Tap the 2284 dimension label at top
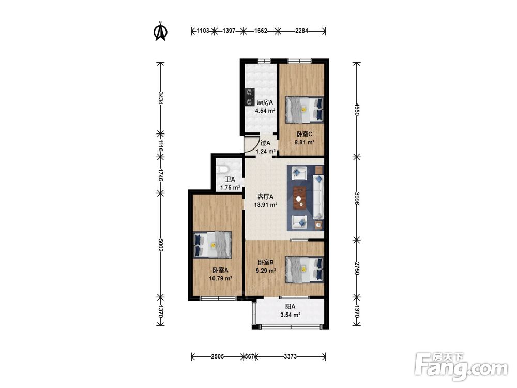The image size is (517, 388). (x=301, y=31)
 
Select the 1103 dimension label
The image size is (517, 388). (x=203, y=31)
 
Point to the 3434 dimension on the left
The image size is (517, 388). (x=160, y=98)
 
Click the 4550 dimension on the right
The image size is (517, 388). (x=356, y=109)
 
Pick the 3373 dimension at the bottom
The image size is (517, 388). (x=291, y=356)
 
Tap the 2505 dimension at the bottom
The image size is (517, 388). (x=217, y=356)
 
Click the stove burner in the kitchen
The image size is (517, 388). (x=250, y=96)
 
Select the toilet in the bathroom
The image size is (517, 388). (x=222, y=169)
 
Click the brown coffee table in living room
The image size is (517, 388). (x=299, y=198)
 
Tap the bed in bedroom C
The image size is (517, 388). (x=305, y=109)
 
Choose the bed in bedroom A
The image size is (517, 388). (x=212, y=245)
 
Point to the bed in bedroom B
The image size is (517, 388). (x=305, y=269)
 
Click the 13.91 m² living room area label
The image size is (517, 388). (x=265, y=205)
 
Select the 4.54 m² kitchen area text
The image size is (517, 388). (x=265, y=111)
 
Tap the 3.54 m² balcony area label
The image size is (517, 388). (x=290, y=315)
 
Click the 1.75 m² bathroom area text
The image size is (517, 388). (x=230, y=188)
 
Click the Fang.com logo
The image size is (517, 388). (x=461, y=366)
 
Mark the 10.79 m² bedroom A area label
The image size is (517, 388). (x=221, y=278)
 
